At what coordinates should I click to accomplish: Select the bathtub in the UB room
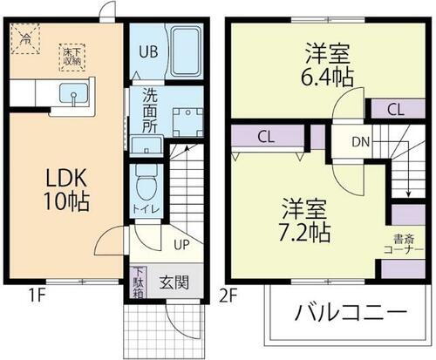tap(186, 51)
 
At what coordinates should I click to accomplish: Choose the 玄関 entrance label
tap(174, 282)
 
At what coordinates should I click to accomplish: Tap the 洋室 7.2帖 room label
tap(304, 221)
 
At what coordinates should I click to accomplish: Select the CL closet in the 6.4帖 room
tap(394, 110)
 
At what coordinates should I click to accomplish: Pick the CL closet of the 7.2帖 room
tap(267, 137)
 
